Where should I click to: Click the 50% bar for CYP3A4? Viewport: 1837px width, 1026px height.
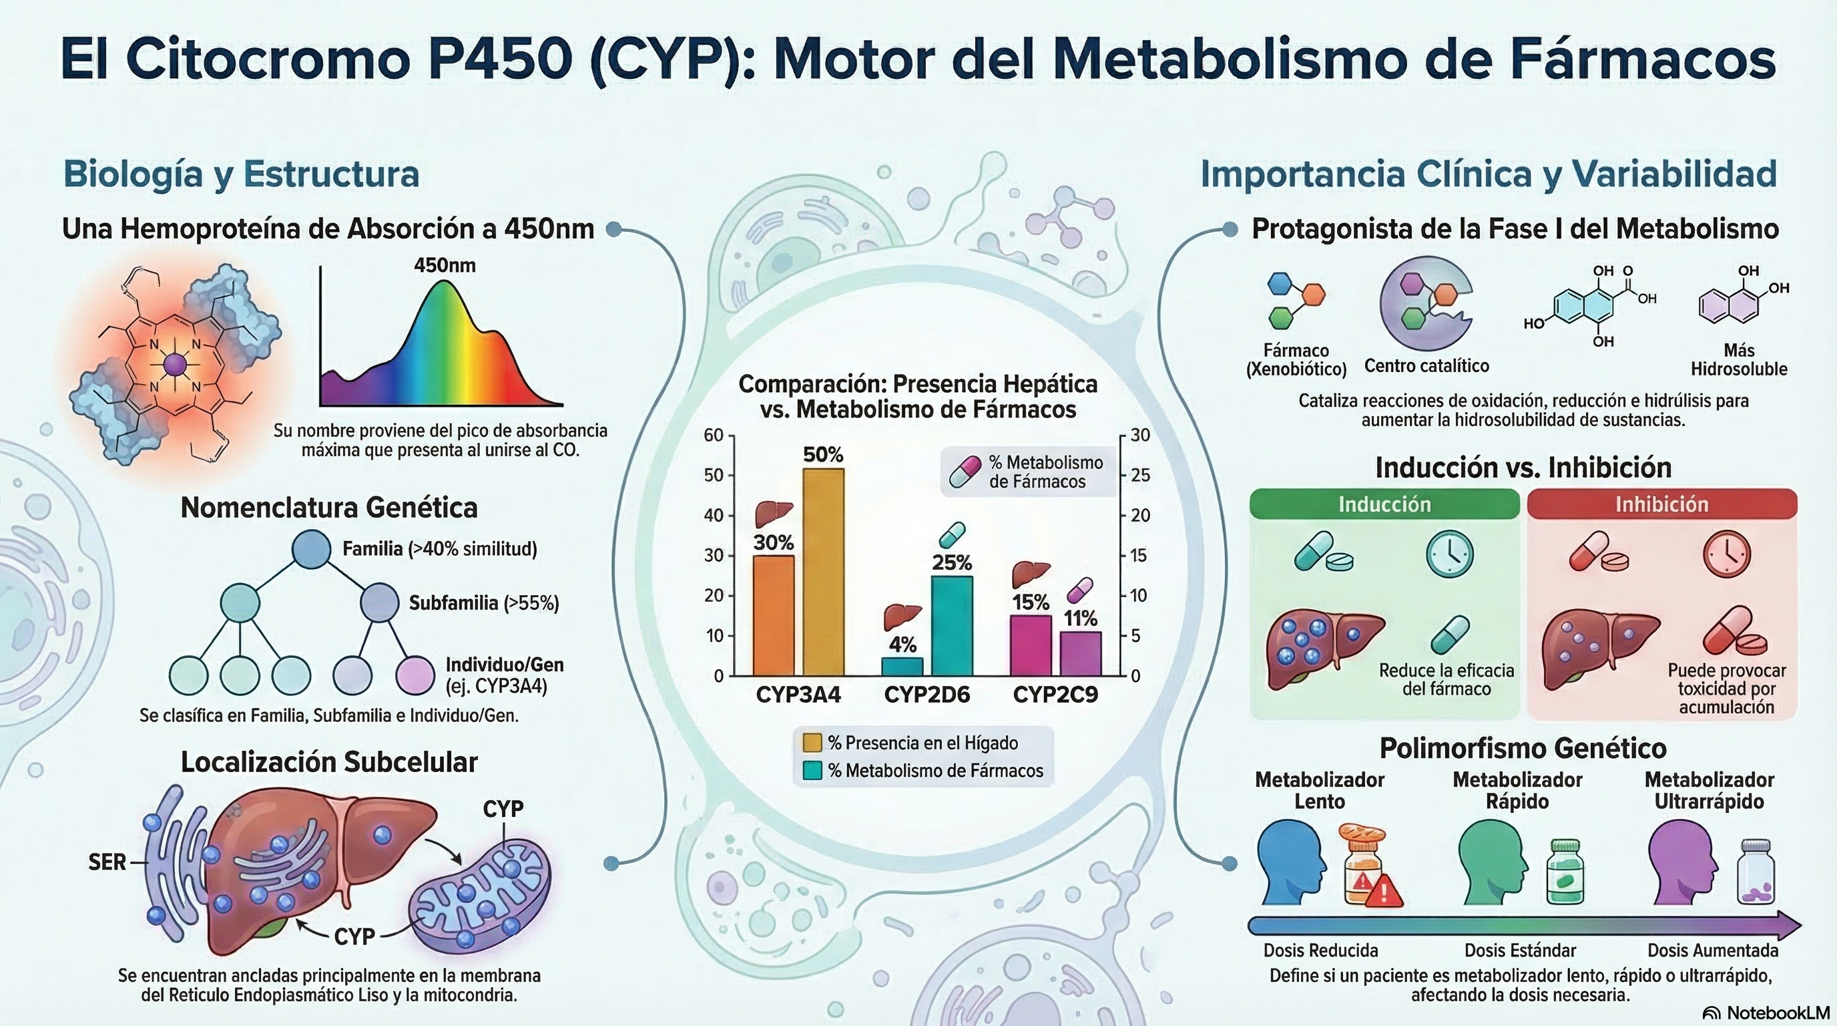click(823, 571)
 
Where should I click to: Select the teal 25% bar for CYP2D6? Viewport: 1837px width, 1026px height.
click(952, 625)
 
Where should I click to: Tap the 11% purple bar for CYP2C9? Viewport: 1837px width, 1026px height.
click(1081, 653)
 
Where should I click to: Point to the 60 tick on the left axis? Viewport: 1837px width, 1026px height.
click(713, 436)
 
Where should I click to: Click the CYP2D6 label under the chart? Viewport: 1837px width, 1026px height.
click(927, 694)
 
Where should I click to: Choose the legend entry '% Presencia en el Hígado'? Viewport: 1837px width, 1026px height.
click(923, 743)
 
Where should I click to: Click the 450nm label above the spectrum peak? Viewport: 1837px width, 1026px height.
click(445, 265)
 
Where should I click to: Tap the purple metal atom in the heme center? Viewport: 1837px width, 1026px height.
click(175, 365)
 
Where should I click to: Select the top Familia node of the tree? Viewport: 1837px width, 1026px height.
click(312, 548)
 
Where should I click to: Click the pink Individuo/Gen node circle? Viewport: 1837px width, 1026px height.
click(415, 674)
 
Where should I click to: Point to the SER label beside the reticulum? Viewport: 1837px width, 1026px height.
click(107, 862)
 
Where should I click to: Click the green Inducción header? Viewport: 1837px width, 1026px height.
click(1384, 504)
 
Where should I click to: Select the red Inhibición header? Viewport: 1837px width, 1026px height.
click(1661, 504)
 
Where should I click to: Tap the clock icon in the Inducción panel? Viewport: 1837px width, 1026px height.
click(1449, 554)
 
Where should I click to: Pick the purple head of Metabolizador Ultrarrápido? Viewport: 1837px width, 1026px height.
click(1679, 862)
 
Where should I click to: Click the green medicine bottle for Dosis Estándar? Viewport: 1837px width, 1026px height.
click(1565, 872)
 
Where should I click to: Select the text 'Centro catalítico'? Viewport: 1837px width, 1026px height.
click(1426, 366)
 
